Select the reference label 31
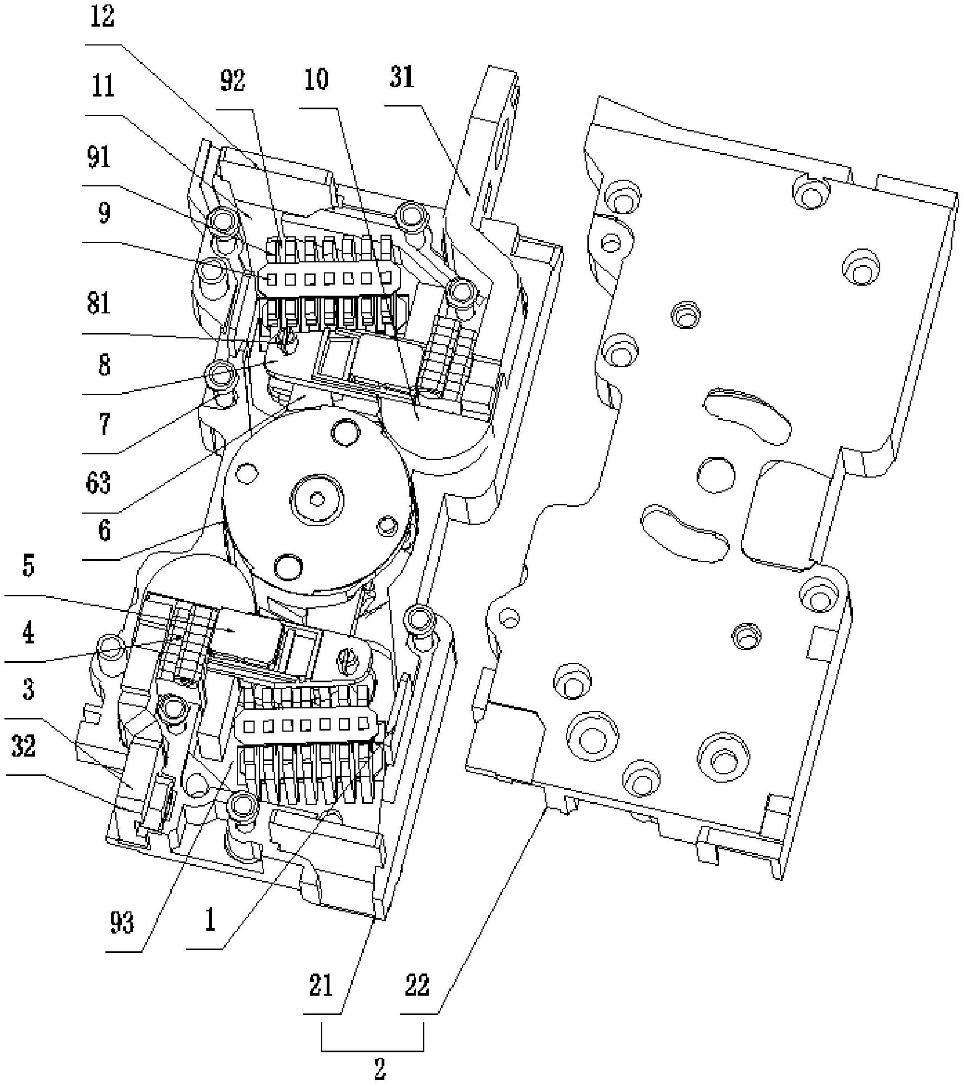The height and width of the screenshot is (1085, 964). point(402,77)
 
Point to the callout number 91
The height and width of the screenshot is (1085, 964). point(99,157)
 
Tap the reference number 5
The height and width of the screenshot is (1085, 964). point(28,566)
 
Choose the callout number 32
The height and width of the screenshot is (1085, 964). point(23,746)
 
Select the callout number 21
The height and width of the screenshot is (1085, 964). point(321,986)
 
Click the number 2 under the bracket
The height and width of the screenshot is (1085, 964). point(380,1068)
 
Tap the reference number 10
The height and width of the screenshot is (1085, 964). point(316,79)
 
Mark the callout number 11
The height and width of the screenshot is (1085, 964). point(102,86)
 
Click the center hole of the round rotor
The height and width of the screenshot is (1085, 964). point(317,499)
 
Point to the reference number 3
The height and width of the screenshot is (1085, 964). point(28,689)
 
